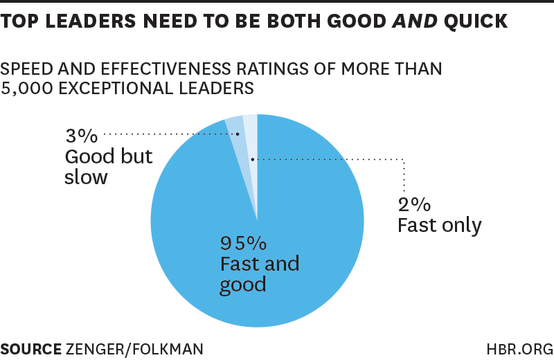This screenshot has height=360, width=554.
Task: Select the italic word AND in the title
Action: pos(410,21)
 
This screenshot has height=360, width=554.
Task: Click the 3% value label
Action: pos(81,134)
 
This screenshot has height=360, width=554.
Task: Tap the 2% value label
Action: pos(414,204)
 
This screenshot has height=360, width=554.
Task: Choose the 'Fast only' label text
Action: pos(440,226)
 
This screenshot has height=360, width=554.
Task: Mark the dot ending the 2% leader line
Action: pos(253,159)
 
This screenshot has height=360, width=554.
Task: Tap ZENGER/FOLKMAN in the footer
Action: pos(134,348)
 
